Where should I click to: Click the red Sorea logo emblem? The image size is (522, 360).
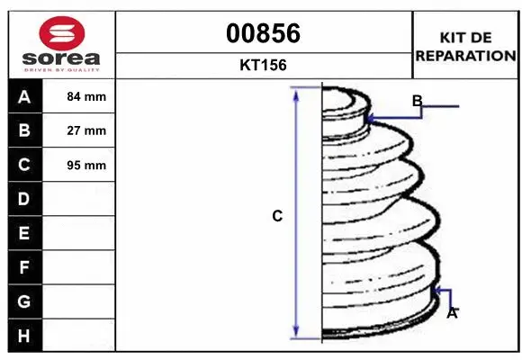pyautogui.click(x=62, y=33)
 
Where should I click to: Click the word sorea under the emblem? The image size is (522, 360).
pyautogui.click(x=61, y=58)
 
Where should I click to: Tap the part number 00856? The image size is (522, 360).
pyautogui.click(x=263, y=33)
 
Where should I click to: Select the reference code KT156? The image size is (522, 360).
pyautogui.click(x=263, y=65)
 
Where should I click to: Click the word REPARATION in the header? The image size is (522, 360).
pyautogui.click(x=465, y=56)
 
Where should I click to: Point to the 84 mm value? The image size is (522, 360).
pyautogui.click(x=86, y=96)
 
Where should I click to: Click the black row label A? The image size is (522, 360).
pyautogui.click(x=25, y=96)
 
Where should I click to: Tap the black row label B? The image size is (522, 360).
pyautogui.click(x=25, y=130)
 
